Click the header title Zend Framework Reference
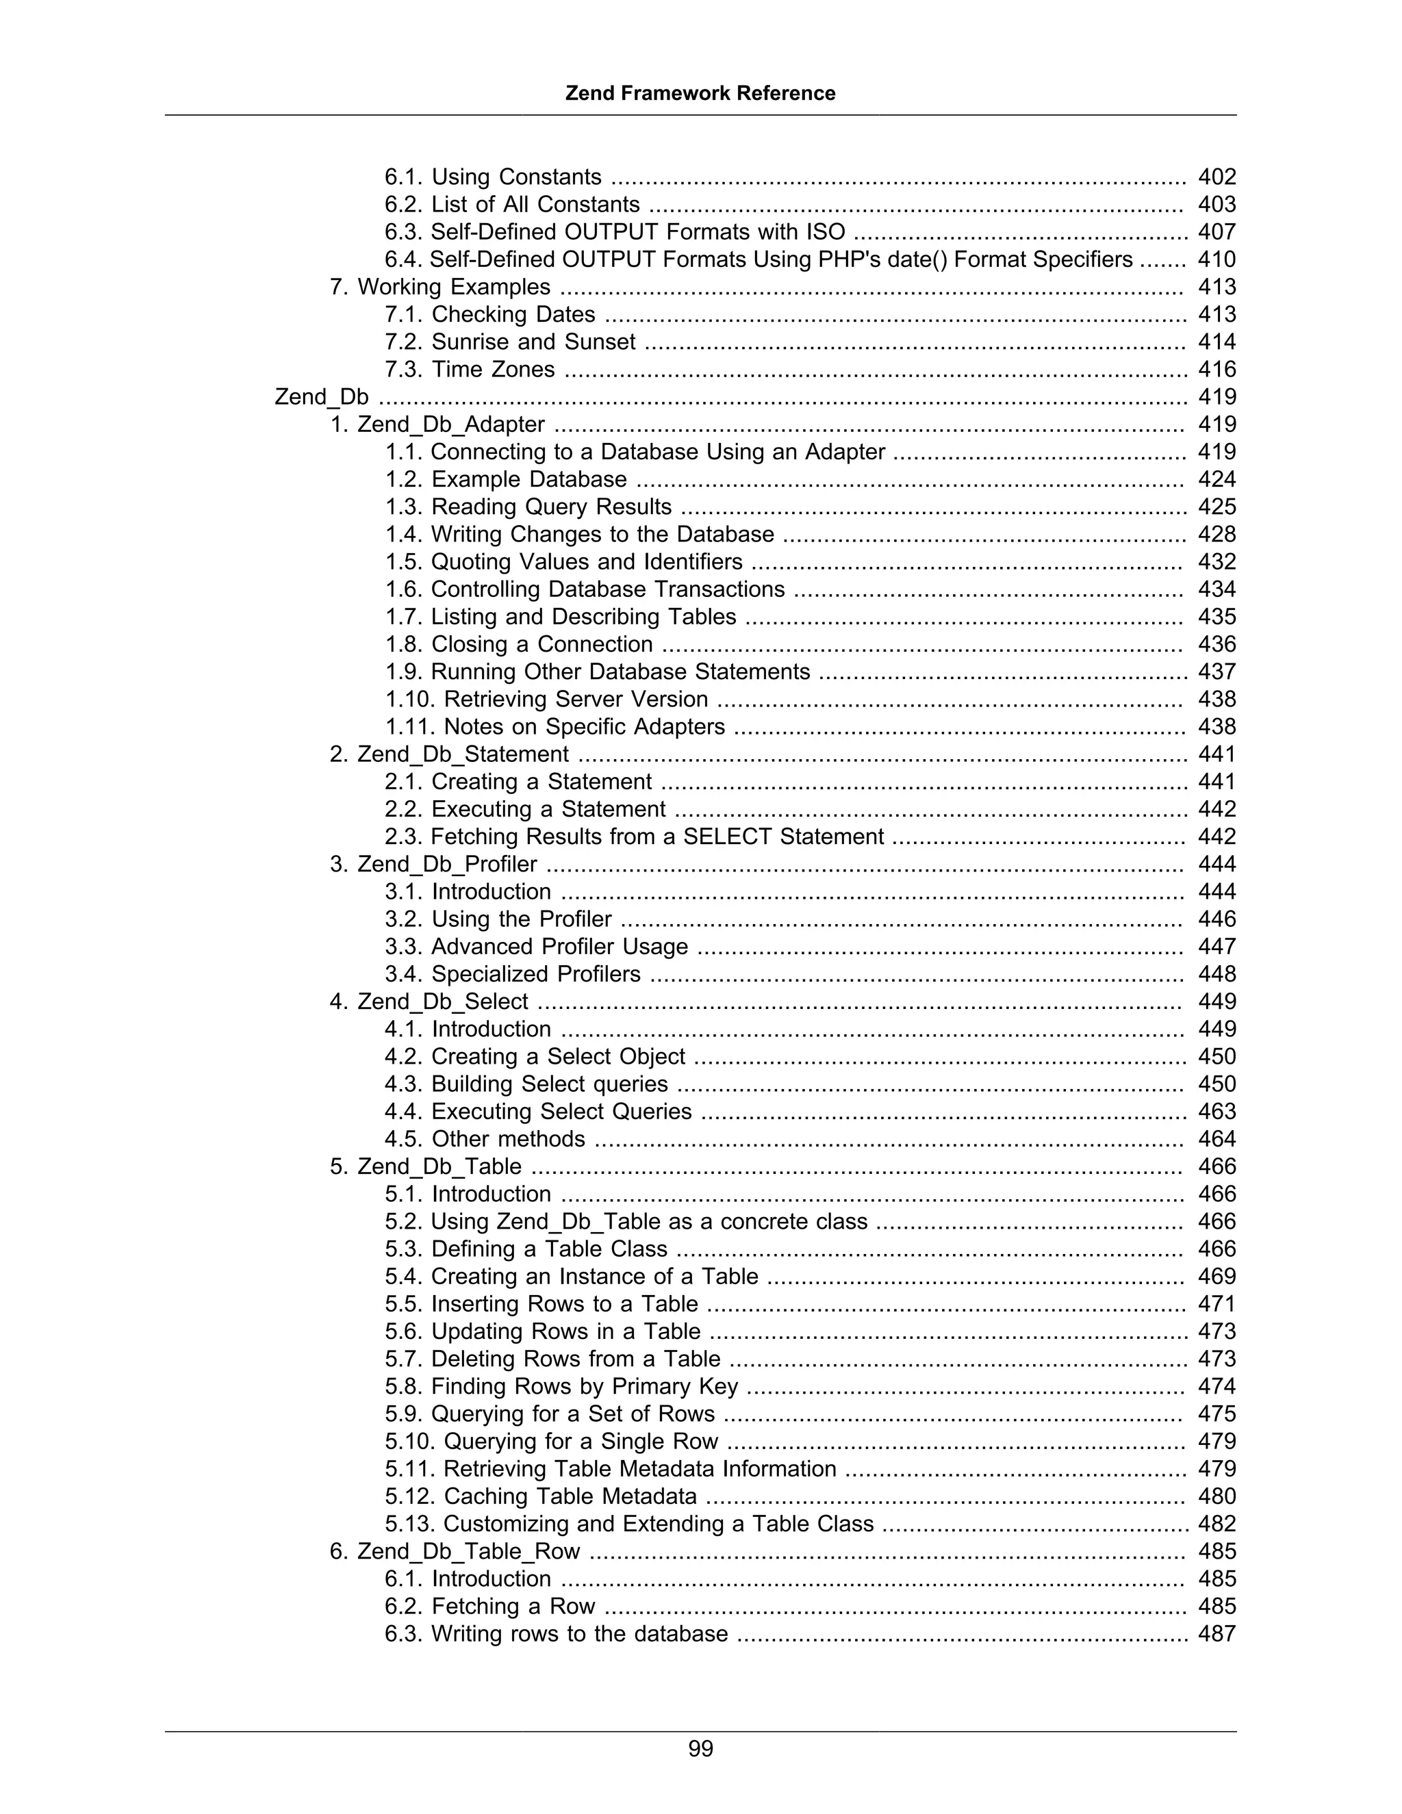700,93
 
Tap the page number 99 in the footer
700,1749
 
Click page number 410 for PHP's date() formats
1216,260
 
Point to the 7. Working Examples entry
440,288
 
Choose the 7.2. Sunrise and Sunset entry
510,342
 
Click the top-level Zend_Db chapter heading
322,397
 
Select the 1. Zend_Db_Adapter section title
437,424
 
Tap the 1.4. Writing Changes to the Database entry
580,534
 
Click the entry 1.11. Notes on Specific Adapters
555,727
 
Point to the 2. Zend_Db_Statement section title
449,754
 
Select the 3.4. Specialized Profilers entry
513,974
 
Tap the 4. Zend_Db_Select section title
429,1001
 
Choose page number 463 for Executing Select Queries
1216,1111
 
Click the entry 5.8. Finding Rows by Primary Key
561,1386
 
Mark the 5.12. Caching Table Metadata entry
541,1496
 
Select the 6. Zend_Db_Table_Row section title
455,1552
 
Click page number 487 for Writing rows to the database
1216,1634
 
